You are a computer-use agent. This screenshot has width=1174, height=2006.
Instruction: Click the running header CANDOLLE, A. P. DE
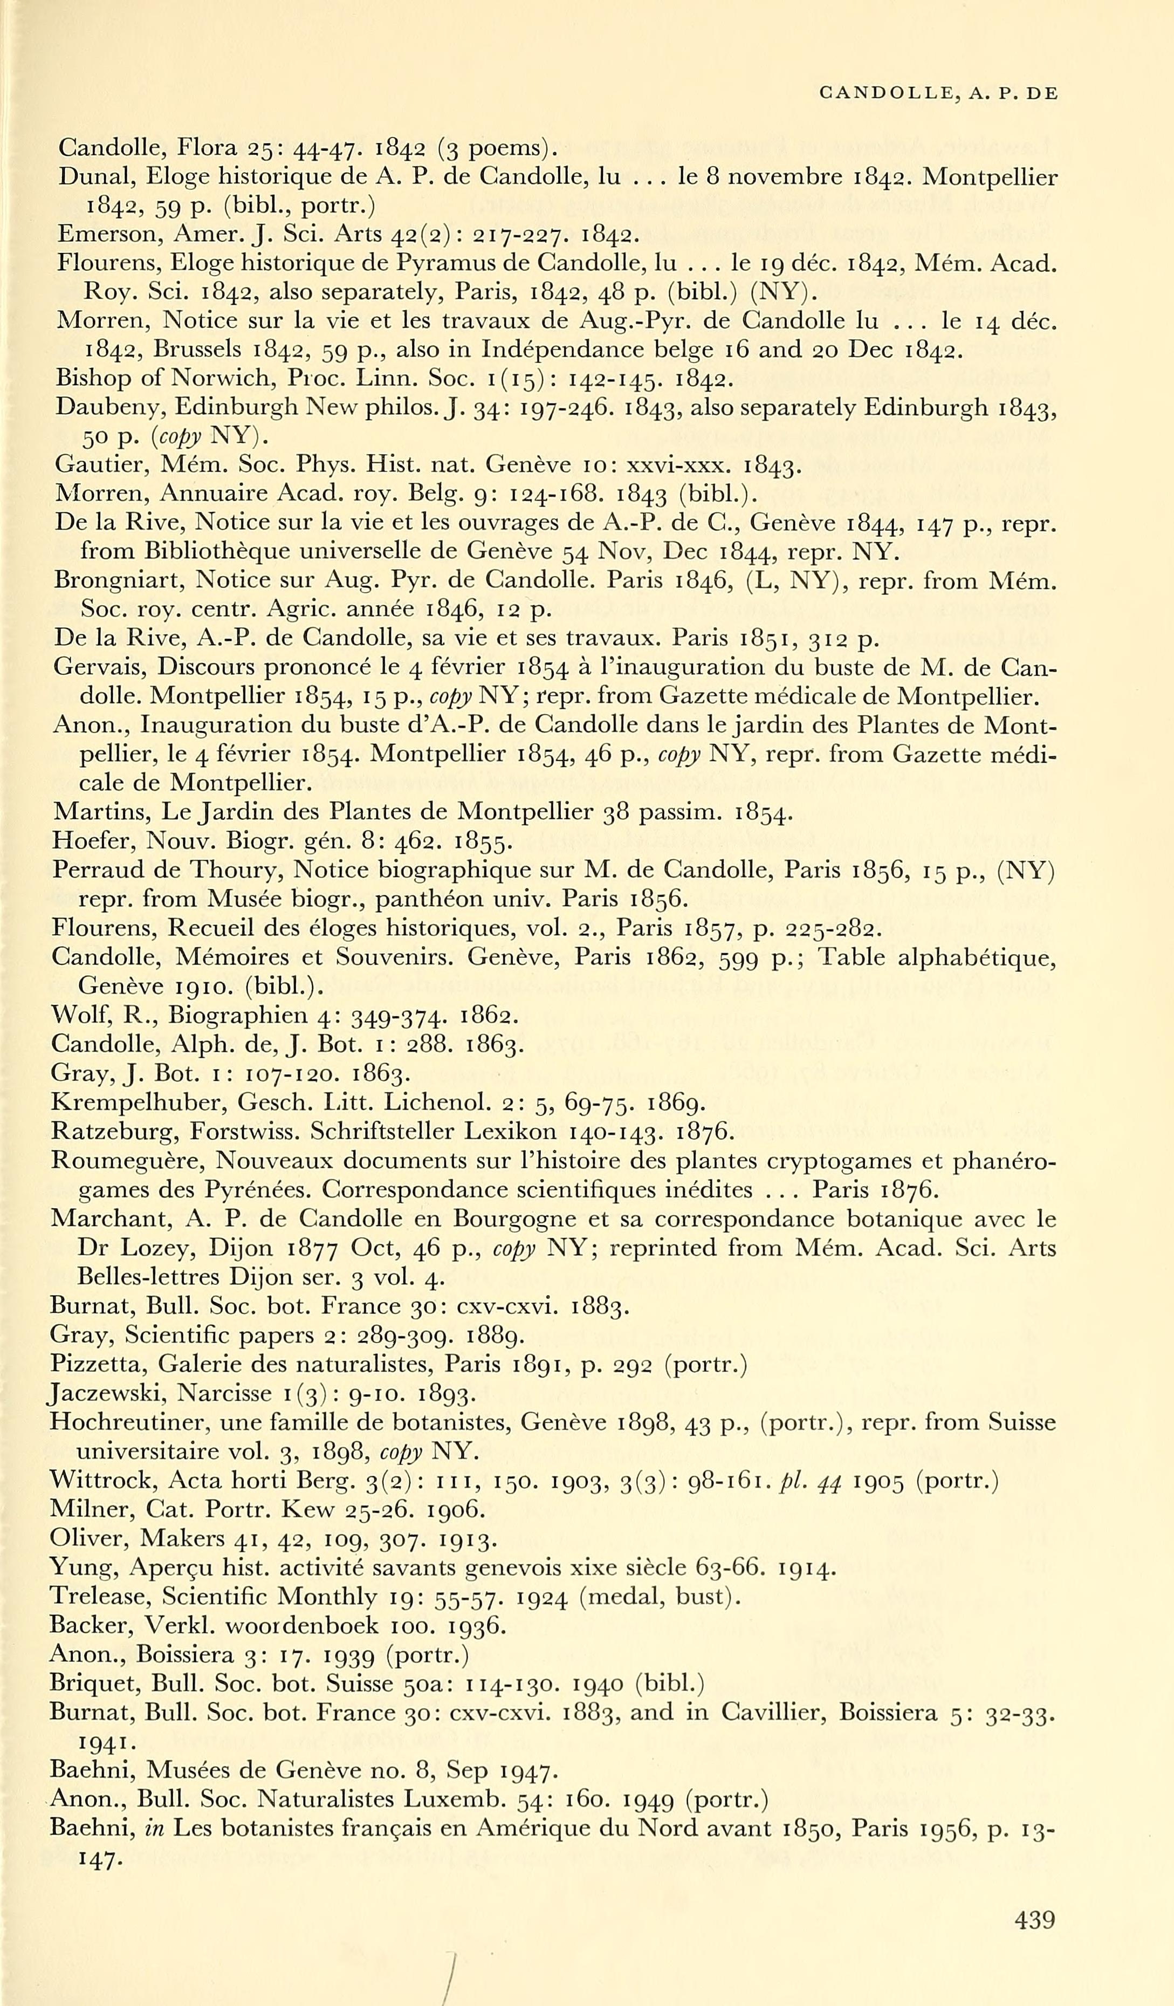pos(938,94)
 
